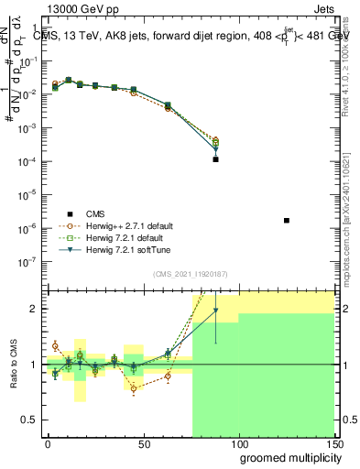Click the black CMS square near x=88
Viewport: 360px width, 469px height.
pos(215,159)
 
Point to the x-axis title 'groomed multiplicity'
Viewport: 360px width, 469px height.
pos(285,456)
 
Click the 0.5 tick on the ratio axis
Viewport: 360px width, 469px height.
pos(32,420)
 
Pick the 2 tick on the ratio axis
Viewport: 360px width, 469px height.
pos(35,309)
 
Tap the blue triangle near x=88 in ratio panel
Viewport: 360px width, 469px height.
pos(215,311)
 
